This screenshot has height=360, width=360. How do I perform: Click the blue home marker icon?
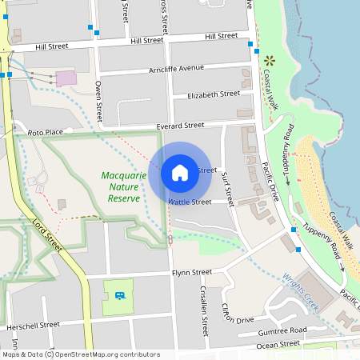[x=180, y=173]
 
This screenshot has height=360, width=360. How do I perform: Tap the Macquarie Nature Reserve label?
[x=123, y=186]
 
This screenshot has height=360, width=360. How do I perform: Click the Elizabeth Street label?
[x=213, y=94]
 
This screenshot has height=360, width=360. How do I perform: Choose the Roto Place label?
[x=45, y=132]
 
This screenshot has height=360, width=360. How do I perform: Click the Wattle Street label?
[x=190, y=202]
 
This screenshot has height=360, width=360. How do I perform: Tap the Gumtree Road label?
[x=282, y=330]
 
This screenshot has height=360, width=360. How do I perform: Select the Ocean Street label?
[x=278, y=344]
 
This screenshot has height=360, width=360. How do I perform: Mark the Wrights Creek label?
[x=302, y=290]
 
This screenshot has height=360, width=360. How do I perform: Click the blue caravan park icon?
[x=119, y=296]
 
